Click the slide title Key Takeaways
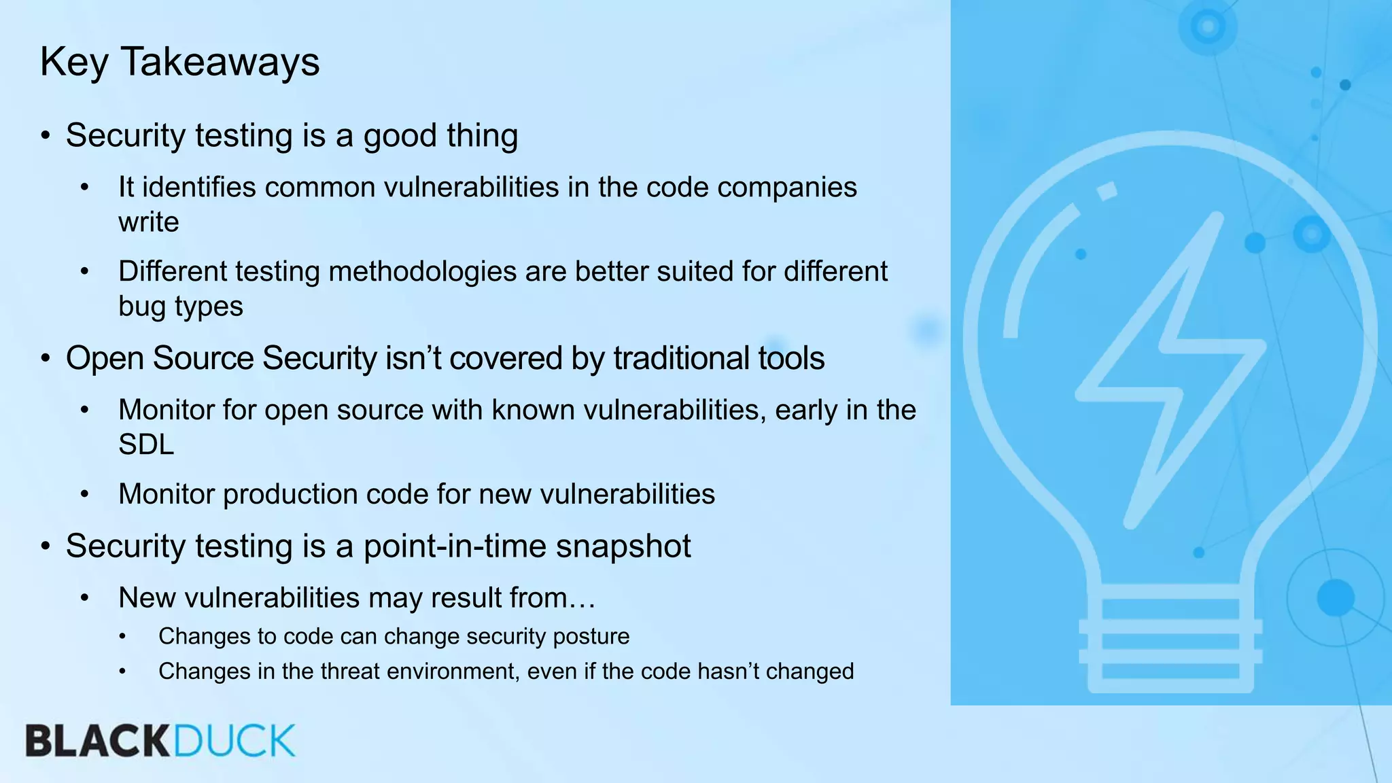click(179, 62)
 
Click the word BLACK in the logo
click(97, 741)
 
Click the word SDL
click(145, 445)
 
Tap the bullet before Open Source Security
click(46, 359)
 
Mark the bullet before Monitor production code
click(84, 495)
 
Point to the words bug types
click(180, 307)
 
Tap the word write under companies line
click(148, 222)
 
